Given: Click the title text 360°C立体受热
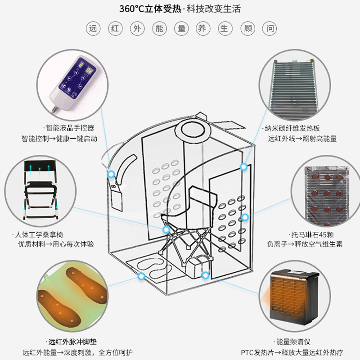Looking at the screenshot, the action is [151, 9].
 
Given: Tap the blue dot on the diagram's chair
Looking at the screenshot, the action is [166, 229].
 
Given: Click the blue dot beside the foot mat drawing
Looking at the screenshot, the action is [142, 275].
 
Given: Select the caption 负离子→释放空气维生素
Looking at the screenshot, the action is [305, 244].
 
